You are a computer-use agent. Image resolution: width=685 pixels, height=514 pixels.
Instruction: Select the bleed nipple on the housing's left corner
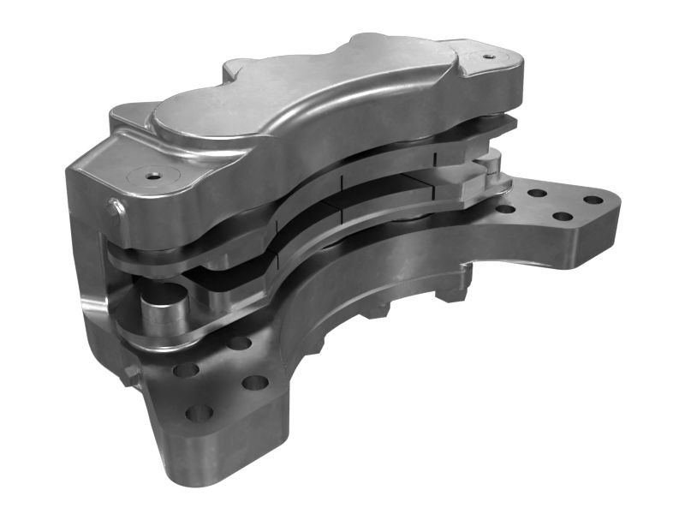point(113,206)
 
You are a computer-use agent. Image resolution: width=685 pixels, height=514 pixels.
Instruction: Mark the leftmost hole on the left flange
point(184,371)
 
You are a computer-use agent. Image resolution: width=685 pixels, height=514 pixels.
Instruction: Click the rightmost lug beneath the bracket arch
point(451,289)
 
